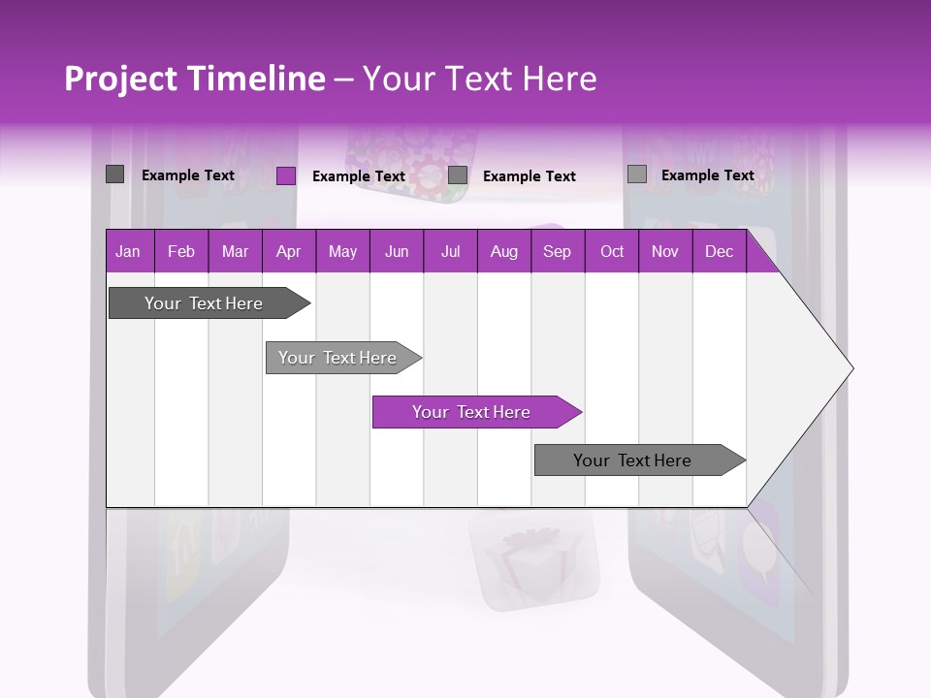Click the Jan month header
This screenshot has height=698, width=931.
tap(128, 251)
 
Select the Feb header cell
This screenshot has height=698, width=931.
tap(181, 251)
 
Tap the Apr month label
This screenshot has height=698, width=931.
tap(288, 251)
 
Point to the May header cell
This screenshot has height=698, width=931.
tap(342, 251)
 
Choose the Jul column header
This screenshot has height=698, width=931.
tap(450, 251)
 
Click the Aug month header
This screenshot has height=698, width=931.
tap(503, 251)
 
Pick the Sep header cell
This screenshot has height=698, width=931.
tap(557, 251)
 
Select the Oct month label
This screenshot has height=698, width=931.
tap(612, 251)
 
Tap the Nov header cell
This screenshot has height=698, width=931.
tap(664, 251)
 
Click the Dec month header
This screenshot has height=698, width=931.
tap(719, 251)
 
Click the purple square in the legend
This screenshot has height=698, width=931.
tap(285, 175)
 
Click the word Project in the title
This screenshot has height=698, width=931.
tap(120, 79)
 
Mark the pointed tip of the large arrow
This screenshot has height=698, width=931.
tap(851, 368)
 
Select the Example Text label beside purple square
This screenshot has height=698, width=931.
tap(358, 176)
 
